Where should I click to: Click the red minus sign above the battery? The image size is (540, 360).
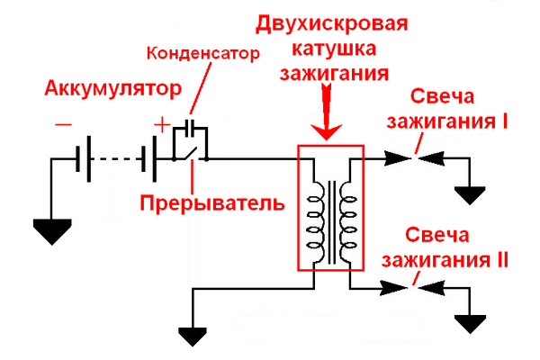62,126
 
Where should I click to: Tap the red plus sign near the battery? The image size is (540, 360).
160,124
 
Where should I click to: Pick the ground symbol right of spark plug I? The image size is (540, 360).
470,194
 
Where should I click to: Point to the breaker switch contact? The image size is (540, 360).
192,154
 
